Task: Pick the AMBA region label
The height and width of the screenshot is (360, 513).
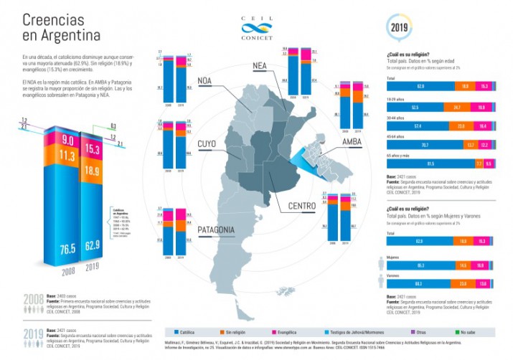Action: [352, 142]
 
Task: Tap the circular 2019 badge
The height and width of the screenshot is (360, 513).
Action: [400, 28]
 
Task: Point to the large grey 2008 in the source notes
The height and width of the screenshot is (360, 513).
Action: [33, 299]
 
